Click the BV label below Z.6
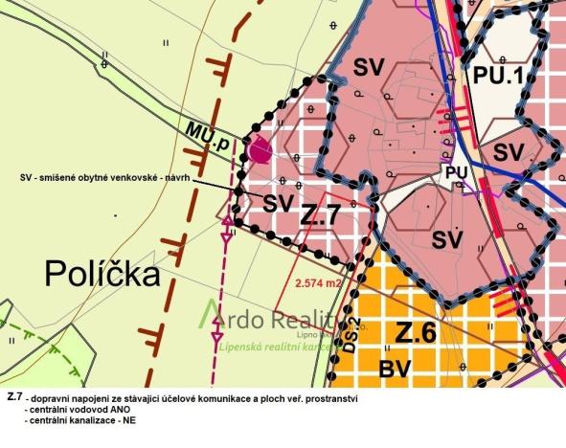[x=396, y=369]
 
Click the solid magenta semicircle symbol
[x=256, y=150]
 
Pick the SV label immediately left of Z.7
[x=277, y=202]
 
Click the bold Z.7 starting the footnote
[x=12, y=396]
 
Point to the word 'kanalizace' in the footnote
[x=81, y=421]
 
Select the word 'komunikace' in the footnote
[x=216, y=396]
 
